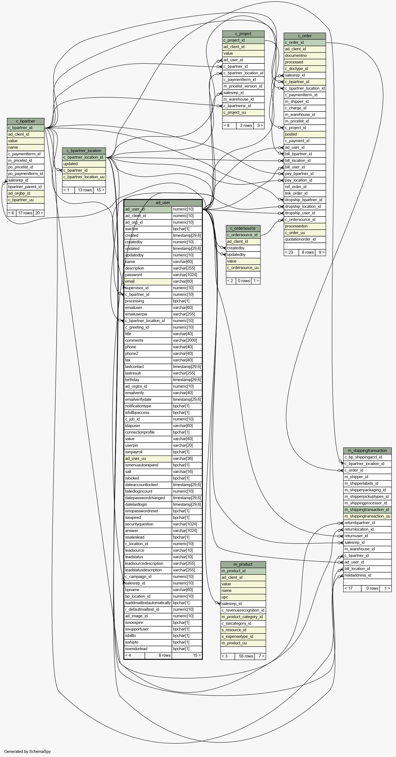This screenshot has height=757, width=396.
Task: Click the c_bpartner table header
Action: pos(26,121)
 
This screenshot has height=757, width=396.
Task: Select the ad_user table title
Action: pos(163,203)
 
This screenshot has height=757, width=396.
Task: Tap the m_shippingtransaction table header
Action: pos(367,451)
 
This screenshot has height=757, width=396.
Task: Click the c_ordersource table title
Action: pos(243,228)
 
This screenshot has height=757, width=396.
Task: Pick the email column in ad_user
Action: pos(148,281)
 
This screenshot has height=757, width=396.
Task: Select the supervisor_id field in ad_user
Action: pos(148,288)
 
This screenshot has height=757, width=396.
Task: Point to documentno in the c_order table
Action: pos(305,55)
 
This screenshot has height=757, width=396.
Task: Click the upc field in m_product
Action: pos(243,597)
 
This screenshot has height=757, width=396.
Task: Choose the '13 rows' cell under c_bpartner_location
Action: pos(85,190)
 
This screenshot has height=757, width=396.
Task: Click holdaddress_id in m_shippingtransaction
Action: pos(367,575)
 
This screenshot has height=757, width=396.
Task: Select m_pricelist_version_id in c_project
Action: pos(243,86)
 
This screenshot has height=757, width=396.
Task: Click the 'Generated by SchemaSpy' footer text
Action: pos(28,752)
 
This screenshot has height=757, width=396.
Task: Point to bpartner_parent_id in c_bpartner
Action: pos(26,187)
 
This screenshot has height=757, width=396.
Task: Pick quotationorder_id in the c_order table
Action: pos(305,239)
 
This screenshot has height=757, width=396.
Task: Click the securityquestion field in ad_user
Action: pos(148,524)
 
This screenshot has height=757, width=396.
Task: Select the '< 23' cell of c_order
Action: pos(291,252)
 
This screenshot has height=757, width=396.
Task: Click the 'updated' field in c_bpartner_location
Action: pos(84,164)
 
